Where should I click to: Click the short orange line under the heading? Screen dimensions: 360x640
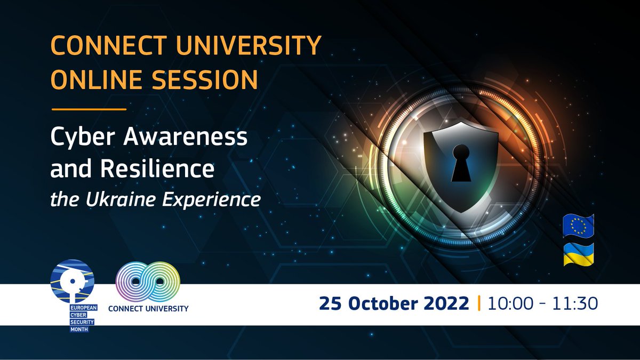click(x=89, y=109)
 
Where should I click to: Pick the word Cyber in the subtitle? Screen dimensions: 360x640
click(x=82, y=139)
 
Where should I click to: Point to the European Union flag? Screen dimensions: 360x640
click(x=579, y=226)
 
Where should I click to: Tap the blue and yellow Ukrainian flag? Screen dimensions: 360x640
click(x=579, y=254)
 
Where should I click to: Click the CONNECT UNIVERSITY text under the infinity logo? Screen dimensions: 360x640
click(x=148, y=308)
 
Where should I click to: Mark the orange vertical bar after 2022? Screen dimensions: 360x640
click(x=479, y=303)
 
